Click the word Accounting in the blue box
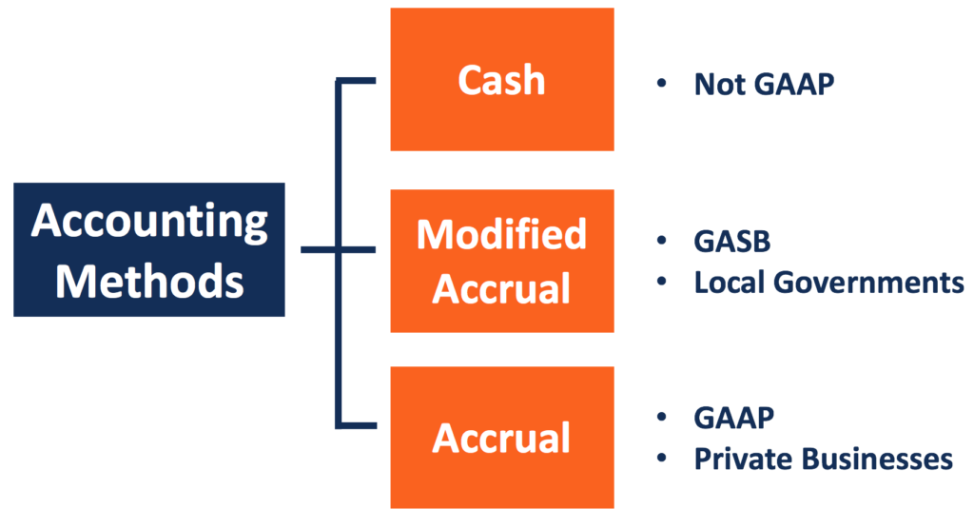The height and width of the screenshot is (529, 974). tap(148, 223)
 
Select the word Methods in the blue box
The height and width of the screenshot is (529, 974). tap(148, 281)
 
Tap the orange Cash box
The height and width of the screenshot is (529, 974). tap(501, 80)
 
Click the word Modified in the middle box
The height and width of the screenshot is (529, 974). tap(501, 234)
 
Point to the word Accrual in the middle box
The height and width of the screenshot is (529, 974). tap(501, 288)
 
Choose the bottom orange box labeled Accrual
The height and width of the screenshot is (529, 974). tap(501, 438)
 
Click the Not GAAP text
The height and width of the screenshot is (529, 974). tap(764, 84)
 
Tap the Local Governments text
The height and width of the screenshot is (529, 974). tap(828, 282)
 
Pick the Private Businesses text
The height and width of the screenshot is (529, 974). tap(823, 459)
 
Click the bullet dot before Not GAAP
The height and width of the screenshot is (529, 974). tap(661, 84)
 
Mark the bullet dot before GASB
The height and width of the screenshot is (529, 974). tap(661, 242)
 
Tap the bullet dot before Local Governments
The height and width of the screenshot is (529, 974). tap(661, 282)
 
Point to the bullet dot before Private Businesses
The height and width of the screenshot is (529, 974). tap(661, 459)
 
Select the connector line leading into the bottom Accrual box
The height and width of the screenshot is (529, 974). tap(361, 424)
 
